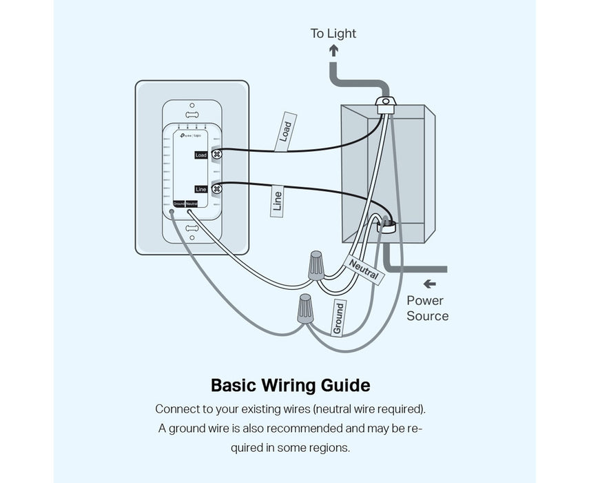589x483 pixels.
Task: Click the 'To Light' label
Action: pos(333,33)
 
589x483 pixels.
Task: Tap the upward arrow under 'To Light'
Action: pos(333,50)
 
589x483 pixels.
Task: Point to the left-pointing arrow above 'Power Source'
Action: pos(429,284)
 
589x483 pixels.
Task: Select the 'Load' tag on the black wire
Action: pos(285,131)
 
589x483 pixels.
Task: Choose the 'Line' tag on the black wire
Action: pos(277,201)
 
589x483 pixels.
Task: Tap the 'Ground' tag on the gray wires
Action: pos(338,318)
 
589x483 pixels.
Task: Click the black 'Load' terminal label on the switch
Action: pos(200,155)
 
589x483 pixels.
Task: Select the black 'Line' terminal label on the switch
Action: pos(200,189)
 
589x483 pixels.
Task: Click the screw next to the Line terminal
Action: pos(216,188)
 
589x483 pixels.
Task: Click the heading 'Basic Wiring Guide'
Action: pos(290,385)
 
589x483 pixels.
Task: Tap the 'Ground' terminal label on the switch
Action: pos(179,204)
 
